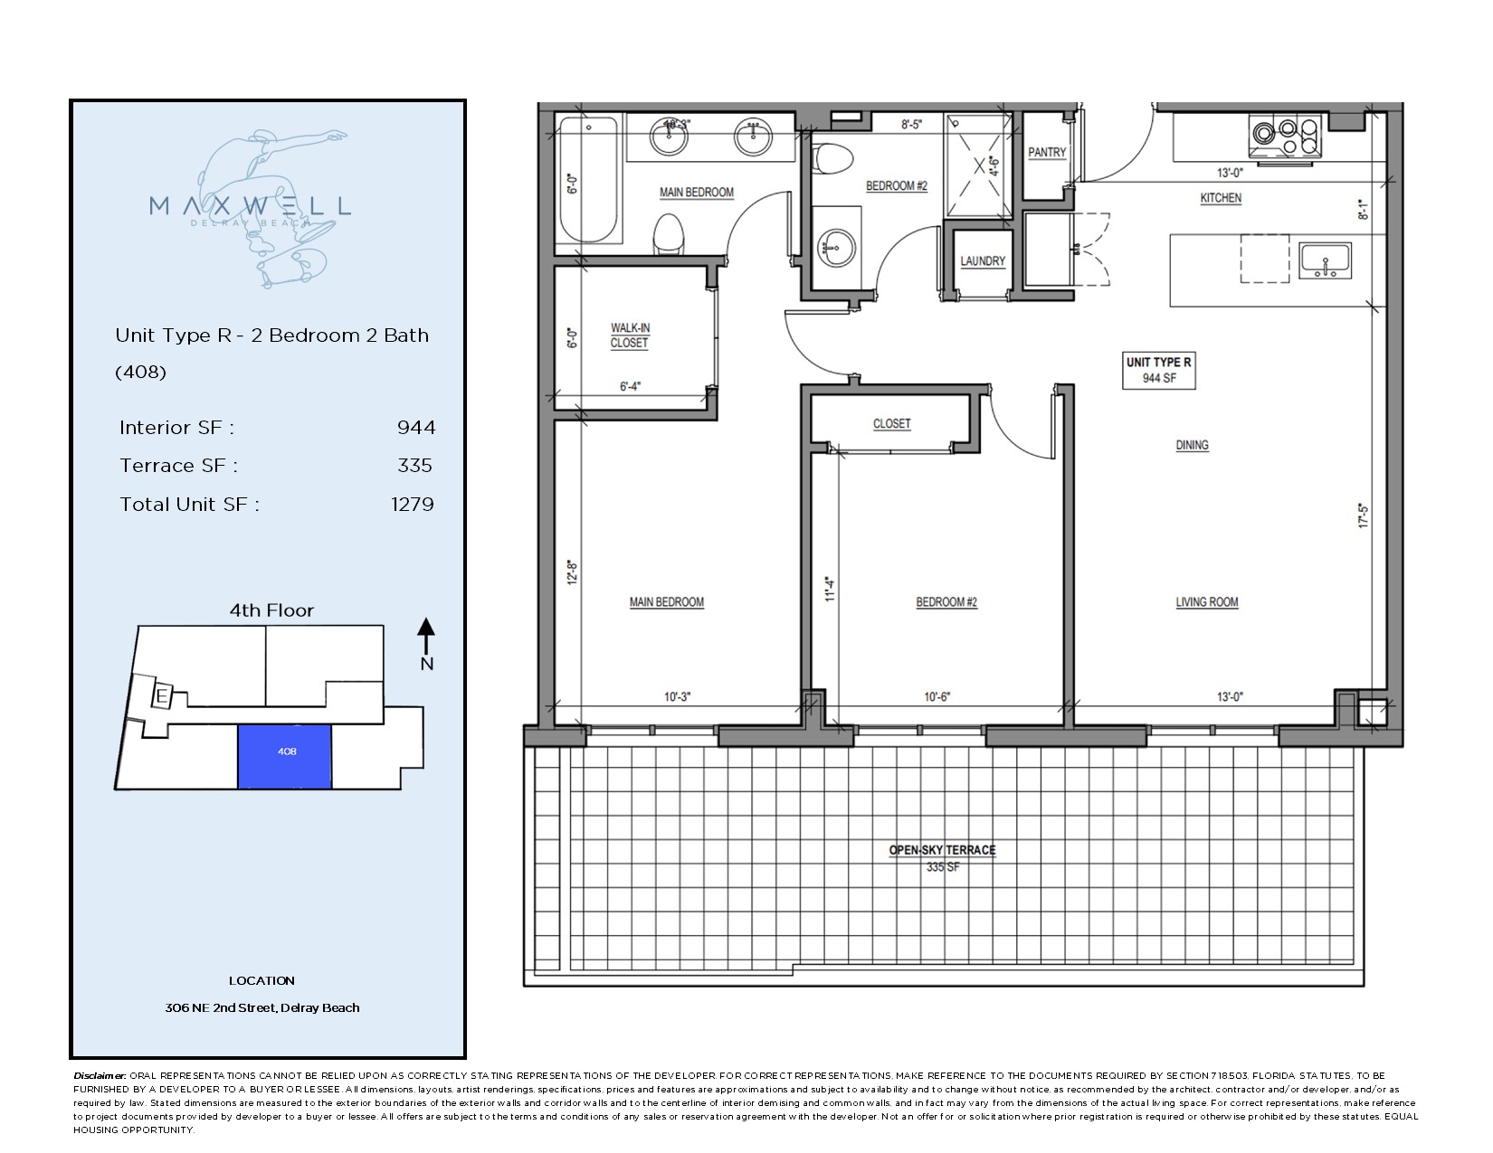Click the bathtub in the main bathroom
pos(588,179)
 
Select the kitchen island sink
pos(1326,260)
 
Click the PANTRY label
pos(1047,153)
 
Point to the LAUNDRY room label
pos(983,261)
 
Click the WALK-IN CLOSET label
pos(630,336)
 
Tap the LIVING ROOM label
pos(1206,602)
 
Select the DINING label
pos(1192,445)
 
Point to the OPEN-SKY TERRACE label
pos(942,850)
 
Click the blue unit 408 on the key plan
pos(285,756)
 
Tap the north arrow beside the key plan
pos(427,636)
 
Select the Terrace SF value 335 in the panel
pos(415,466)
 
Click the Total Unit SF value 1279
pos(413,505)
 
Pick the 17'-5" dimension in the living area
pos(1364,516)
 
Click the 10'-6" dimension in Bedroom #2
pos(937,697)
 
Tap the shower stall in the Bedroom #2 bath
pos(980,165)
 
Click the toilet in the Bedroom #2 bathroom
pos(832,158)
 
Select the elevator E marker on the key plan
pos(161,697)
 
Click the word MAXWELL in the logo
pos(250,205)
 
